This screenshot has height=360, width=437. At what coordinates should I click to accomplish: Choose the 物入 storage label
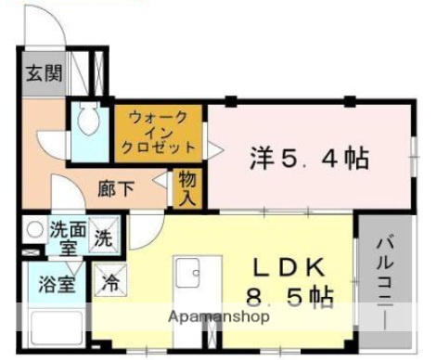pyautogui.click(x=187, y=189)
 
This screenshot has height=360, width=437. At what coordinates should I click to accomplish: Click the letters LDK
pyautogui.click(x=289, y=268)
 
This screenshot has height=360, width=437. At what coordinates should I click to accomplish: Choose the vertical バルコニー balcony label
pyautogui.click(x=383, y=278)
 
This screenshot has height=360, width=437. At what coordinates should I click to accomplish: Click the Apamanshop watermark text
pyautogui.click(x=219, y=316)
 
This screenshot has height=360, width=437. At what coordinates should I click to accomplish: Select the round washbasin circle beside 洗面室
pyautogui.click(x=34, y=229)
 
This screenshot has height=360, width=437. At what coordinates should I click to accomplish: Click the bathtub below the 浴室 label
pyautogui.click(x=56, y=329)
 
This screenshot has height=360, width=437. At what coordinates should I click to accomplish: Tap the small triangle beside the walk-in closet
pyautogui.click(x=212, y=146)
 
